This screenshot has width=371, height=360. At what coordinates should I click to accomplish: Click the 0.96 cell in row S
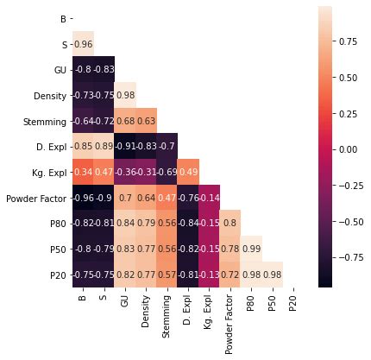[x=83, y=43]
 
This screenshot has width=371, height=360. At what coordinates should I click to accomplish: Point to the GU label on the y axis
[x=59, y=68]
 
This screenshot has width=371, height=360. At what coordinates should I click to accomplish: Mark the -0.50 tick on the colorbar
[x=346, y=221]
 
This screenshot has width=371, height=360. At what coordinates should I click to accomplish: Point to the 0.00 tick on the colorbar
[x=346, y=148]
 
